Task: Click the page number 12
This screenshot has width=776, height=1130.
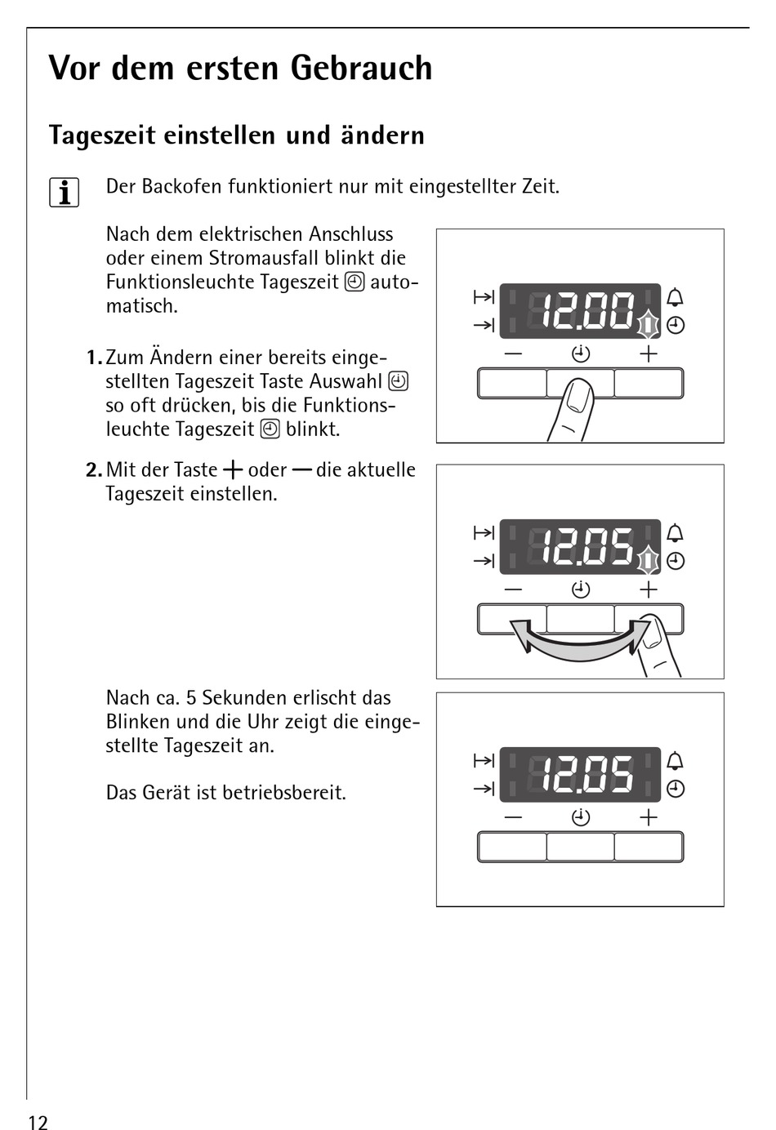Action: (38, 1121)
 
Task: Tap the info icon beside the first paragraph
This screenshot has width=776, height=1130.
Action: (64, 193)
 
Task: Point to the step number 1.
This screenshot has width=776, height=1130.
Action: (93, 358)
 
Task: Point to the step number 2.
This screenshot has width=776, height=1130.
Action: (93, 470)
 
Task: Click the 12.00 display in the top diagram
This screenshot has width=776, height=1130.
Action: (580, 311)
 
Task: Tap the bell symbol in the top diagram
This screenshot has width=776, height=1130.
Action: (675, 297)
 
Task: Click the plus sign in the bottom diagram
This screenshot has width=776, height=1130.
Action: (649, 817)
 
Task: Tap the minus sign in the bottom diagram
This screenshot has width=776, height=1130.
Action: (513, 817)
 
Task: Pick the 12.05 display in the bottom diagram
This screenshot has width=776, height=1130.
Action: (580, 774)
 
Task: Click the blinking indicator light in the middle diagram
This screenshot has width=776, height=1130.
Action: (648, 561)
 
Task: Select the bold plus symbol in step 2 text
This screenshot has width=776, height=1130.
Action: (233, 470)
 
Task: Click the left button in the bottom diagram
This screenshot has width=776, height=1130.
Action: (512, 847)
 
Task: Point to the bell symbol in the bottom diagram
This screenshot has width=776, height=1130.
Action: (675, 761)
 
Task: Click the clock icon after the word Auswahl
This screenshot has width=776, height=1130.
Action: (399, 381)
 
